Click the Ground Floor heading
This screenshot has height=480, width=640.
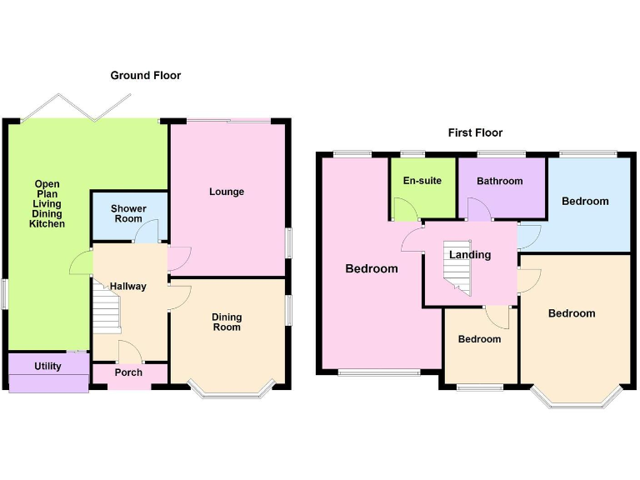pyautogui.click(x=146, y=76)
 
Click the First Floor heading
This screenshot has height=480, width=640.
pyautogui.click(x=475, y=132)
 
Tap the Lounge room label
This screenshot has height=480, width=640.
pyautogui.click(x=227, y=192)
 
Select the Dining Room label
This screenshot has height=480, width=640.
pyautogui.click(x=227, y=322)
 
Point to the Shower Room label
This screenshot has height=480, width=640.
pyautogui.click(x=129, y=213)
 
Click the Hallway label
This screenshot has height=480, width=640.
pyautogui.click(x=128, y=287)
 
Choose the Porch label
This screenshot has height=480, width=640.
pyautogui.click(x=128, y=372)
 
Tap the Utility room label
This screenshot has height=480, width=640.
pyautogui.click(x=47, y=366)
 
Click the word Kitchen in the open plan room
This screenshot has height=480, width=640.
pyautogui.click(x=47, y=224)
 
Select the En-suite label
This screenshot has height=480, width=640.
pyautogui.click(x=422, y=181)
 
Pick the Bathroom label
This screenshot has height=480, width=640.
pyautogui.click(x=500, y=181)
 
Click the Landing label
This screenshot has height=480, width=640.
pyautogui.click(x=470, y=255)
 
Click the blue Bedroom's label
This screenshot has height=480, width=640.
pyautogui.click(x=585, y=201)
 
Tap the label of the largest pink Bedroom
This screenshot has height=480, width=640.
pyautogui.click(x=372, y=268)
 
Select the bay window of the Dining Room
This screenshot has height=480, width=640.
pyautogui.click(x=231, y=391)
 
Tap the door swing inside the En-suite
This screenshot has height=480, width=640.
pyautogui.click(x=406, y=209)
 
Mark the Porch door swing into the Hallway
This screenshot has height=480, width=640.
pyautogui.click(x=130, y=351)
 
